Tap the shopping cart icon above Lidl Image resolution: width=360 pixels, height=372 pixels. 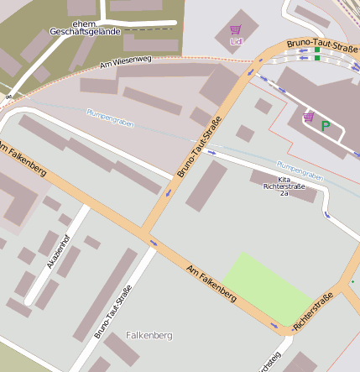click(x=235, y=29)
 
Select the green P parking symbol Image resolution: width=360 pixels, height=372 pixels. click(x=326, y=127)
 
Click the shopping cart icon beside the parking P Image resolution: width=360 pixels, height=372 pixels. click(x=309, y=117)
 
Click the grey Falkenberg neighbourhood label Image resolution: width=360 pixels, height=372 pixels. click(x=149, y=336)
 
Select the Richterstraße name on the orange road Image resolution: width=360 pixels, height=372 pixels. click(x=313, y=310)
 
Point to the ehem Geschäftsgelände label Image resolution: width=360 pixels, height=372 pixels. click(x=85, y=27)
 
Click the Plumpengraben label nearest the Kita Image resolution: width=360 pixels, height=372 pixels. click(x=300, y=170)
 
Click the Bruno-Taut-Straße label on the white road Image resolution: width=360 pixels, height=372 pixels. click(x=113, y=312)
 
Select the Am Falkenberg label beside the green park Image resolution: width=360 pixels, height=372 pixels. click(x=211, y=280)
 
